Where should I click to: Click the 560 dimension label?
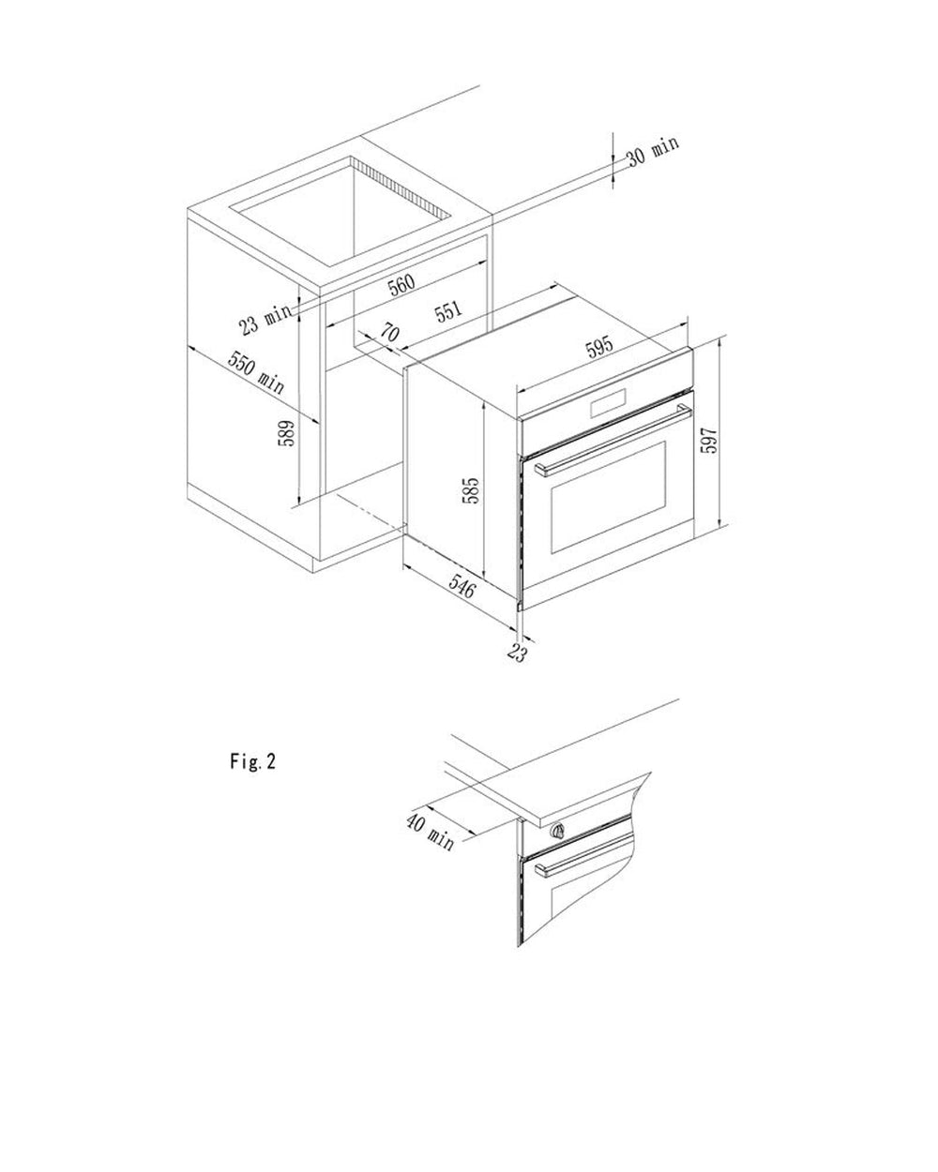[401, 284]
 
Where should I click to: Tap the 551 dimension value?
[448, 311]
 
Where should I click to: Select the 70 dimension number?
[390, 332]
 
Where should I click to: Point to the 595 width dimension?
[599, 346]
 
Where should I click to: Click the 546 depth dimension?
[462, 587]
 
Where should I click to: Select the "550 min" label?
[256, 372]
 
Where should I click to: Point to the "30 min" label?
[653, 151]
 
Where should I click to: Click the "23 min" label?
[265, 320]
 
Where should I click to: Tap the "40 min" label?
[430, 832]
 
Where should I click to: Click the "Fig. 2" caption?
[253, 761]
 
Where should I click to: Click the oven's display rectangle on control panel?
[607, 406]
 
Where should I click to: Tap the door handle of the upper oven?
[614, 440]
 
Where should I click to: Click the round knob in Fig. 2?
[557, 831]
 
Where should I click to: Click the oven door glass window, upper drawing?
[609, 498]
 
